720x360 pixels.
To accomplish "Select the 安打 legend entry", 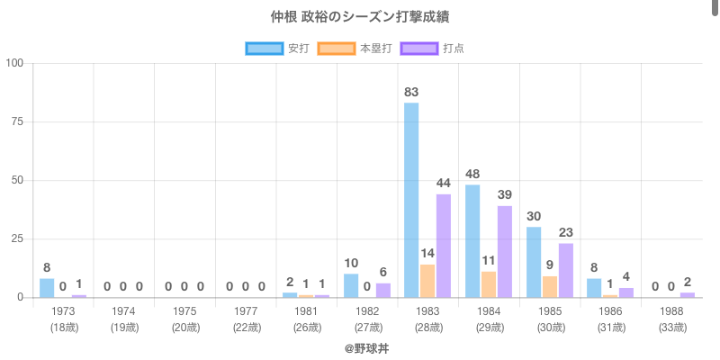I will coord(277,48).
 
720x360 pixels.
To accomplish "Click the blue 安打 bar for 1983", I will coord(411,200).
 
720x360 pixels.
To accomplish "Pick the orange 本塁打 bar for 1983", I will coord(427,281).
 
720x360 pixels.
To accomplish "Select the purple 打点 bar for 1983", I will coord(444,246).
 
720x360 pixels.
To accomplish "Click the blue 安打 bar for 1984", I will coord(472,241).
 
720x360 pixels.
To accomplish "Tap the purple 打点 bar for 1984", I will coord(505,252).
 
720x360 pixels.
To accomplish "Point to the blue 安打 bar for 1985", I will coord(534,262).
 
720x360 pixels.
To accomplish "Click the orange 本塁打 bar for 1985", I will coord(550,287).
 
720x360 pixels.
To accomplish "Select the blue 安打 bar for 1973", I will coord(47,288).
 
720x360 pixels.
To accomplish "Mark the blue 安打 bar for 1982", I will coord(351,285).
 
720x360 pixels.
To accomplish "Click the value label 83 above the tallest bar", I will coord(411,92).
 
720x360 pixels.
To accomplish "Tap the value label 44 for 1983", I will coord(444,184).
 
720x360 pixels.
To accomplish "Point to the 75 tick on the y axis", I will coord(17,121).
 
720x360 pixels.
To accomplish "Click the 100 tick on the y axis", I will coord(14,63).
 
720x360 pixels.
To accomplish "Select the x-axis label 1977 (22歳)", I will coord(246,319).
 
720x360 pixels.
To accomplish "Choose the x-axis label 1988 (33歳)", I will coord(671,319).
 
